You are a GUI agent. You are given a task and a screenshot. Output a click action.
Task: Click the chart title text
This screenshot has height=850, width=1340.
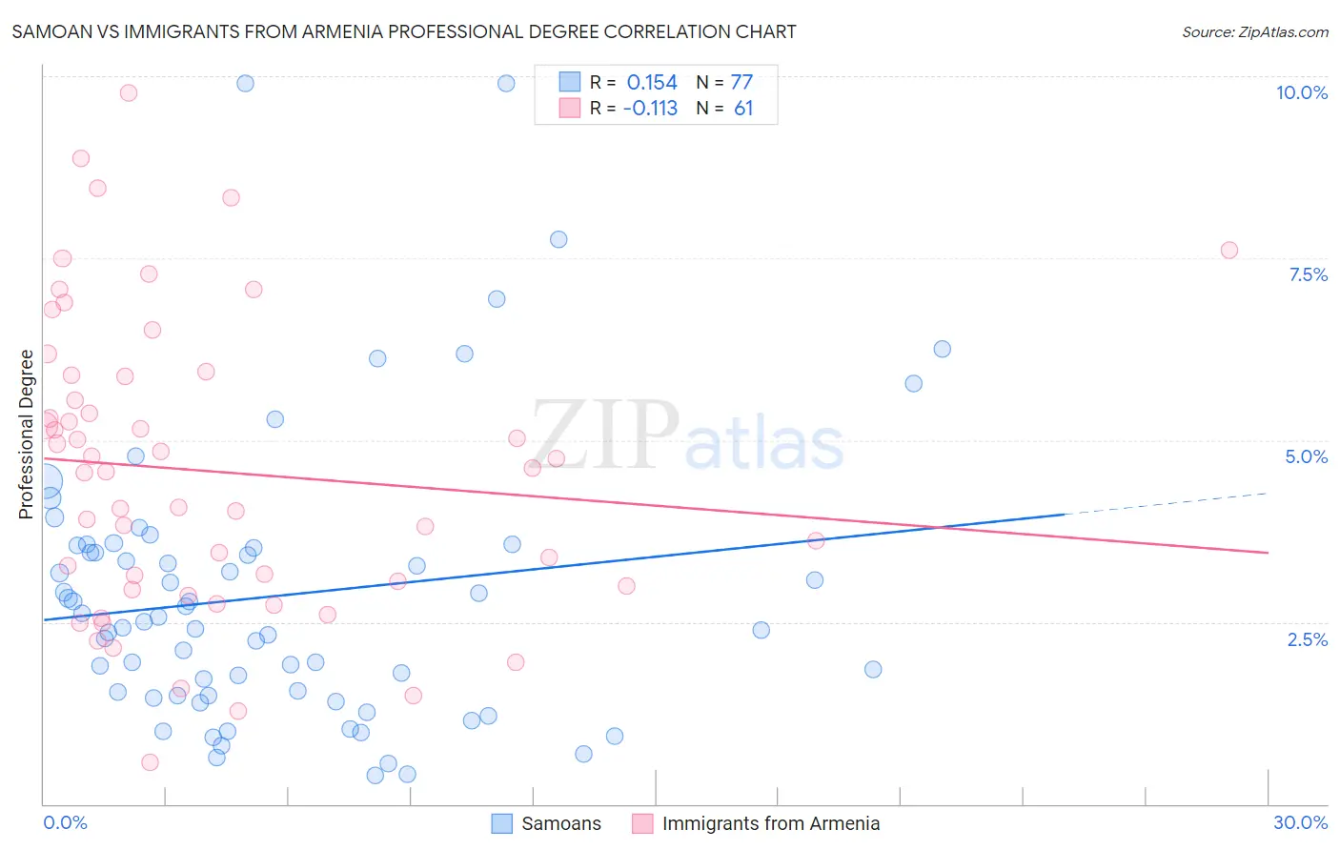click(404, 31)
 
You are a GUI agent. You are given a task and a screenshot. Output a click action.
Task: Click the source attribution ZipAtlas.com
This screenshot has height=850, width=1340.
click(1254, 31)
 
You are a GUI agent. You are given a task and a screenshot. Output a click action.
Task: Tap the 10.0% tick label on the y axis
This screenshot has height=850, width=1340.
click(1301, 92)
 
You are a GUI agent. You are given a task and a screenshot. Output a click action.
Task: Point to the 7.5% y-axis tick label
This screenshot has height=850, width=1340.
click(1308, 274)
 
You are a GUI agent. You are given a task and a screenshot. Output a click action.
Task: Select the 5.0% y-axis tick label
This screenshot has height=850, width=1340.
click(1306, 456)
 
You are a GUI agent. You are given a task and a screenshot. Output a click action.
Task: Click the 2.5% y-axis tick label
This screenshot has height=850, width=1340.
click(1307, 639)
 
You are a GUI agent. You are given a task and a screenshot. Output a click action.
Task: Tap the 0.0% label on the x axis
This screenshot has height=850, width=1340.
click(65, 822)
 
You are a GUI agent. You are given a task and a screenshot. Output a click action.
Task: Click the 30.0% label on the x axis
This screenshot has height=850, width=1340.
click(1300, 822)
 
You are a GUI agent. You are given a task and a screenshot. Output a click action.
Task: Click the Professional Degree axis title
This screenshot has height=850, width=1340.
click(26, 435)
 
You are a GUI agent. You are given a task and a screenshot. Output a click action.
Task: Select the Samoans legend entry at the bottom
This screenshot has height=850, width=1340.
click(560, 823)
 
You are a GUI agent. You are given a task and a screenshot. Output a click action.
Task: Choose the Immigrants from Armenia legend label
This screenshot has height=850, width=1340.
click(770, 823)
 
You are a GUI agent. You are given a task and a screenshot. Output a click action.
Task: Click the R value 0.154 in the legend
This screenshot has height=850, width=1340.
click(652, 83)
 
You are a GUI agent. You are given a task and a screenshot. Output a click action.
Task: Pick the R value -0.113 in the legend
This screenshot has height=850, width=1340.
click(650, 109)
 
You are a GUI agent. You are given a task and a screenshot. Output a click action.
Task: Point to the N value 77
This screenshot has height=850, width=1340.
click(741, 83)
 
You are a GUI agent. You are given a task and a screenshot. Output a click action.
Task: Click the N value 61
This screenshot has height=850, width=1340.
click(743, 109)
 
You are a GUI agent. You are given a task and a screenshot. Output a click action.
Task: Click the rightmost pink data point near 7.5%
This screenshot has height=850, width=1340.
click(1228, 251)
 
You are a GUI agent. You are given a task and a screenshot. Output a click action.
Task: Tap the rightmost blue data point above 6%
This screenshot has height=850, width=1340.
click(942, 349)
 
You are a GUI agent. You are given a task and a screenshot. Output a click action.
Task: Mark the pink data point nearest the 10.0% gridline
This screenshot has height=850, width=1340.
click(129, 92)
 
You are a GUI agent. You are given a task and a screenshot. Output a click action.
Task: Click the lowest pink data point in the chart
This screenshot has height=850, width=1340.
click(150, 762)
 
